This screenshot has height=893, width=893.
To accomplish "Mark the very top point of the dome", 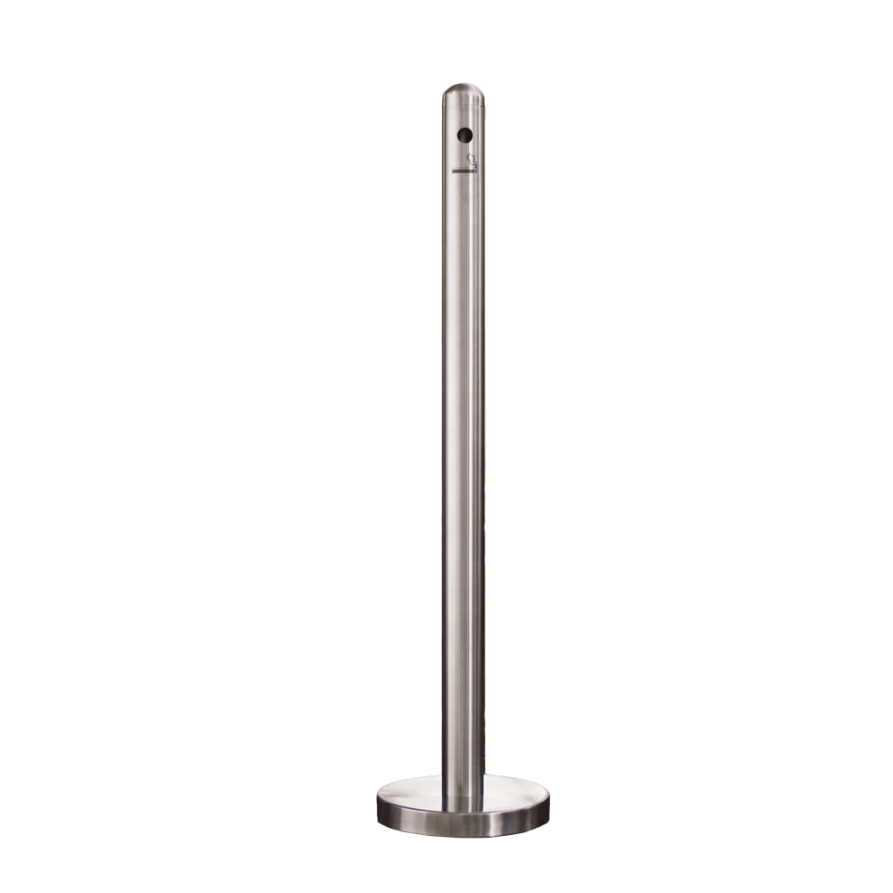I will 463,85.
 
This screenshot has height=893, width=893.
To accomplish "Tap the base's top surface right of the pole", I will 516,790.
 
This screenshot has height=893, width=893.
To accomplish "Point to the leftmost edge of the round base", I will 377,799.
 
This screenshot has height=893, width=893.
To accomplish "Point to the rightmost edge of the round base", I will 549,799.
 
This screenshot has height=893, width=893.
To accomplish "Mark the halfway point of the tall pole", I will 463,446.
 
